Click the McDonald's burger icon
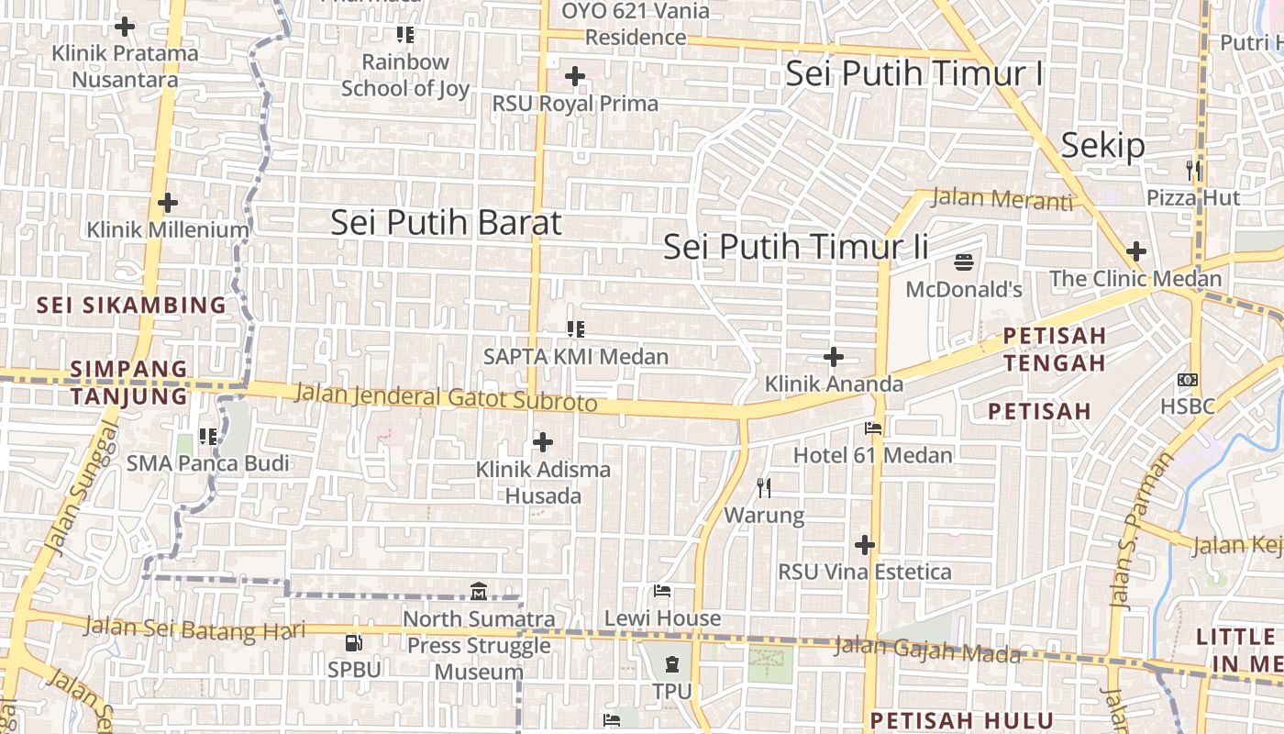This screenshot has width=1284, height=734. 963,262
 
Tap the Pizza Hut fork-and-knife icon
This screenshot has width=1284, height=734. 1193,170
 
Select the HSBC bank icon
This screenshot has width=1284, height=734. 1188,379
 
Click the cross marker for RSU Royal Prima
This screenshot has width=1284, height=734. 575,76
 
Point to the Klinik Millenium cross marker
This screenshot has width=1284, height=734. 167,203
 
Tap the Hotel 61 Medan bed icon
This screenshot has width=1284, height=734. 872,428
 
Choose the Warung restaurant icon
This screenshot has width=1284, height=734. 764,487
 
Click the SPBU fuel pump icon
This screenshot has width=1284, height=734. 353,643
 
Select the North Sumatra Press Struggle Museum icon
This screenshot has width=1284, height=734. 478,592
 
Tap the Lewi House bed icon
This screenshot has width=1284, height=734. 662,591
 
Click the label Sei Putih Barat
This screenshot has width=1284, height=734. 446,222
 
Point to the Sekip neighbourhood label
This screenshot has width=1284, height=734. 1103,146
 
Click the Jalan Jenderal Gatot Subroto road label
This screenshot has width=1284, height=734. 446,397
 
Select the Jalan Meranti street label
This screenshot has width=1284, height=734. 1002,198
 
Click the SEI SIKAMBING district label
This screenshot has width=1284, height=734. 131,305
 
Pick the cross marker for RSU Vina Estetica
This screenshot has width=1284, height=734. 864,545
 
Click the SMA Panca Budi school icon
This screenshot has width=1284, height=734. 208,437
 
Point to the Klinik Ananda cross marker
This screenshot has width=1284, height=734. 834,356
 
